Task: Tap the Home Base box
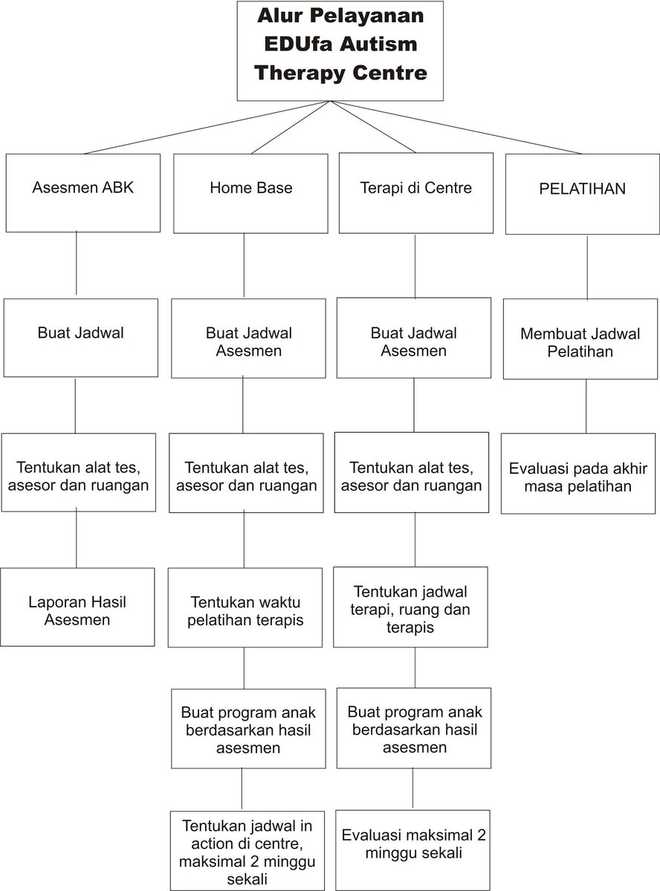pos(250,193)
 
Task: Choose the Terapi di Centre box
pos(415,192)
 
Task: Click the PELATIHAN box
pos(582,193)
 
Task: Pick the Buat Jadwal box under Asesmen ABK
pos(80,337)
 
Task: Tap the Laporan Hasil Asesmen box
pos(77,610)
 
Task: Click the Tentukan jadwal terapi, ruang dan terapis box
pos(410,607)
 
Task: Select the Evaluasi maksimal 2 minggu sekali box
pos(414,843)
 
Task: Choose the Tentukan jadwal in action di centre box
pos(246,850)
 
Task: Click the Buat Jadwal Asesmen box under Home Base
pos(248,341)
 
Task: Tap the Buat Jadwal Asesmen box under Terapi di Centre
pos(414,341)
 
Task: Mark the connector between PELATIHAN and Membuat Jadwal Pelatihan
pos(588,267)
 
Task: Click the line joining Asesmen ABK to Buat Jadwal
pos(77,263)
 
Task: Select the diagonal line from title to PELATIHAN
pos(461,128)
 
